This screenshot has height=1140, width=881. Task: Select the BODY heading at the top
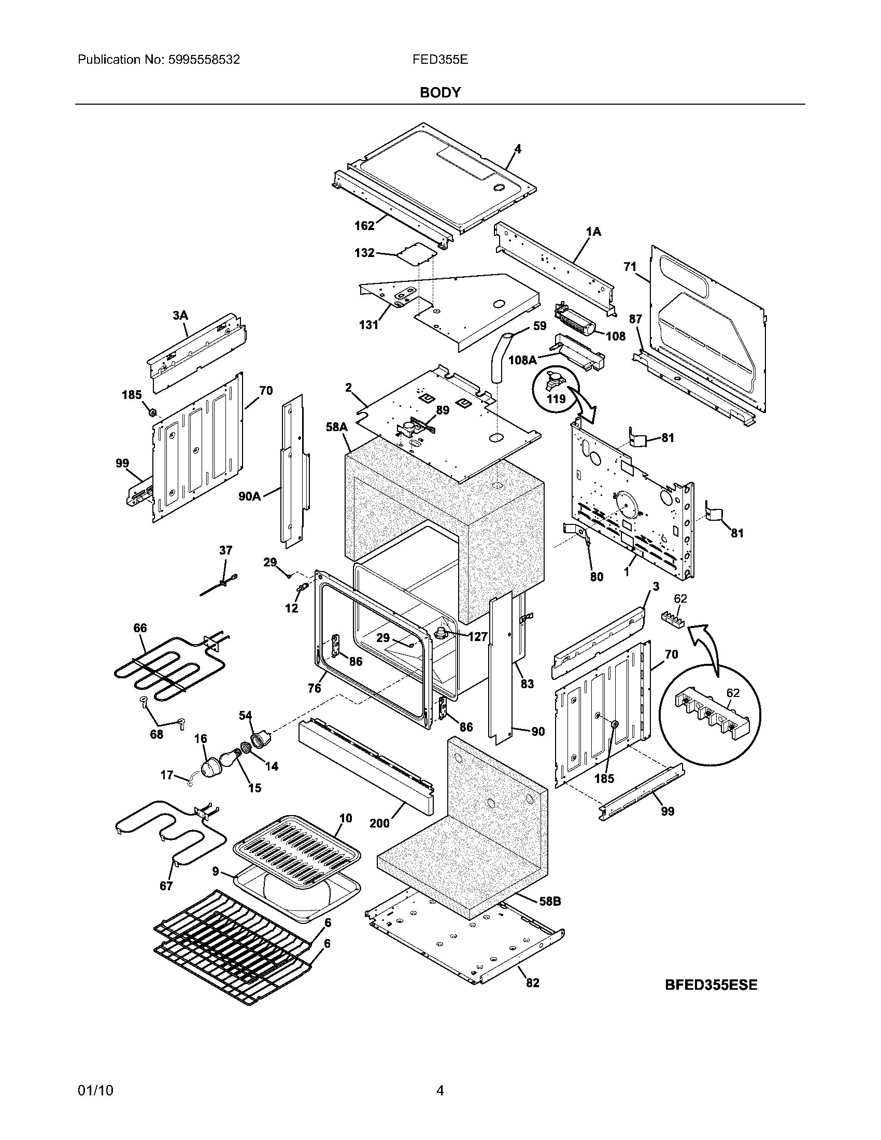coord(440,93)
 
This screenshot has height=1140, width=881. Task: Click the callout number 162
coord(364,225)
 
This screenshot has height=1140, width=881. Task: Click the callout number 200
coord(379,823)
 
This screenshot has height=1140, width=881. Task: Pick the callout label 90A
coord(249,496)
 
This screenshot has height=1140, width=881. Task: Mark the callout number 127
coord(478,636)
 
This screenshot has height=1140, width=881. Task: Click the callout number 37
coord(225,550)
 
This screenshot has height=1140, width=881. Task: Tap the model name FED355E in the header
coord(440,60)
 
